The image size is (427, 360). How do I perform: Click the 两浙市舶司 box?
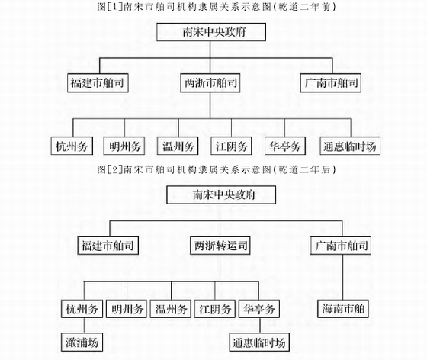point(210,83)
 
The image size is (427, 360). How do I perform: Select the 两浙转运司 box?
point(220,246)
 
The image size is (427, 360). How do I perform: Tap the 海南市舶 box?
point(343,309)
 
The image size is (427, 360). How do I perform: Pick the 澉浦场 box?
point(82,342)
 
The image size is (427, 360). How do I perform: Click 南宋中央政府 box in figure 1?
point(211,32)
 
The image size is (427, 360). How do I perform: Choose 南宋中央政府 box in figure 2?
point(221,195)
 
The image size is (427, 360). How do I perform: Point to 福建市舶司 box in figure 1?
point(98,83)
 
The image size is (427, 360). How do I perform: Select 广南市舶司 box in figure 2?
point(341,246)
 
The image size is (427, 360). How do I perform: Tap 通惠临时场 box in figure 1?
point(350,146)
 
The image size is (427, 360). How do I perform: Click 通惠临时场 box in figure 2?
point(259,342)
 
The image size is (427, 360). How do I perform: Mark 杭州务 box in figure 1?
point(72,146)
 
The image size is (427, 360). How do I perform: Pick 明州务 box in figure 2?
point(127,309)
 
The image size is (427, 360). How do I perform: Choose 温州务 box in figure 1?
point(178,146)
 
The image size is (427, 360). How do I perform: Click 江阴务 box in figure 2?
point(215,309)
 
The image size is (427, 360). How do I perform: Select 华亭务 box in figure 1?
point(285,146)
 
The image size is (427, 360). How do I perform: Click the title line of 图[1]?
point(217,7)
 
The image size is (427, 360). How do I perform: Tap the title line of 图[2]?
point(217,169)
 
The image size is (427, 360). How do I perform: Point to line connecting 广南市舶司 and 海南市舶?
point(342,277)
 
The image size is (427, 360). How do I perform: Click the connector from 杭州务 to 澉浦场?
point(84,325)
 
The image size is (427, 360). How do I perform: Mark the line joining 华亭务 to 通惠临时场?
point(260,325)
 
